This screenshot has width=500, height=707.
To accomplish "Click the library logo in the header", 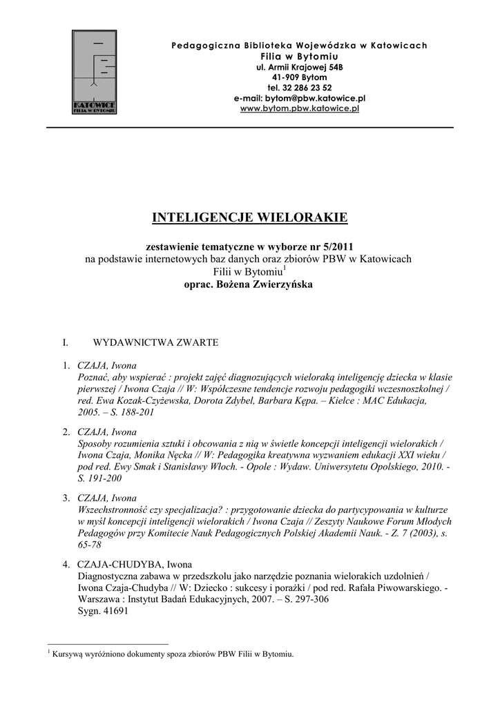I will coord(95,72).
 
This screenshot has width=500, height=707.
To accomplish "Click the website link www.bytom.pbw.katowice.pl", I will coord(300,109).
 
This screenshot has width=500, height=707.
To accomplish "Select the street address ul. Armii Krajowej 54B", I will coord(300,67).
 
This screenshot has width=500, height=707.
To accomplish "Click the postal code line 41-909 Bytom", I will coord(300,77).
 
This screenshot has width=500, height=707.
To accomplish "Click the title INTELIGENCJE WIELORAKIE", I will coord(250,219).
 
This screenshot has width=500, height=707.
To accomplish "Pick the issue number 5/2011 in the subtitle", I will coord(338,246).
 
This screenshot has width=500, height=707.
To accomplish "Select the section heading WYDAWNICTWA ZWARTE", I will coord(156,342).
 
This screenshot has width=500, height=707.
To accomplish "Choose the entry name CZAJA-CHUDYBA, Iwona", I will coord(135,564).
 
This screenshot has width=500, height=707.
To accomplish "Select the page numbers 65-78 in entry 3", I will coord(92,544).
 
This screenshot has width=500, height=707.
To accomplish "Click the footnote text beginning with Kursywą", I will coord(173,654).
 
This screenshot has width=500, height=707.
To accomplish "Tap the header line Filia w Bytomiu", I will coord(300,56).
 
